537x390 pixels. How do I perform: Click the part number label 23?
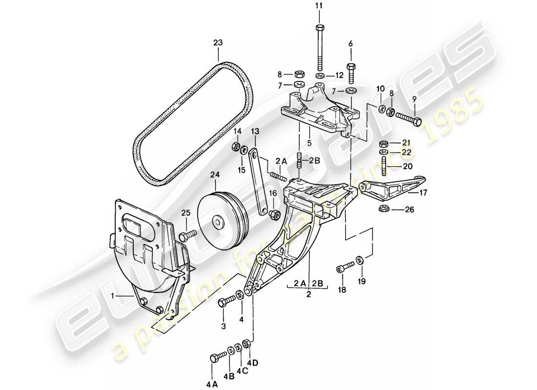[x=218, y=43]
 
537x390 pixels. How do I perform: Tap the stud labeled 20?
[x=384, y=164]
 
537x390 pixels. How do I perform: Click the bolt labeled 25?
[x=187, y=235]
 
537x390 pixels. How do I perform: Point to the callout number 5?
[x=309, y=144]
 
